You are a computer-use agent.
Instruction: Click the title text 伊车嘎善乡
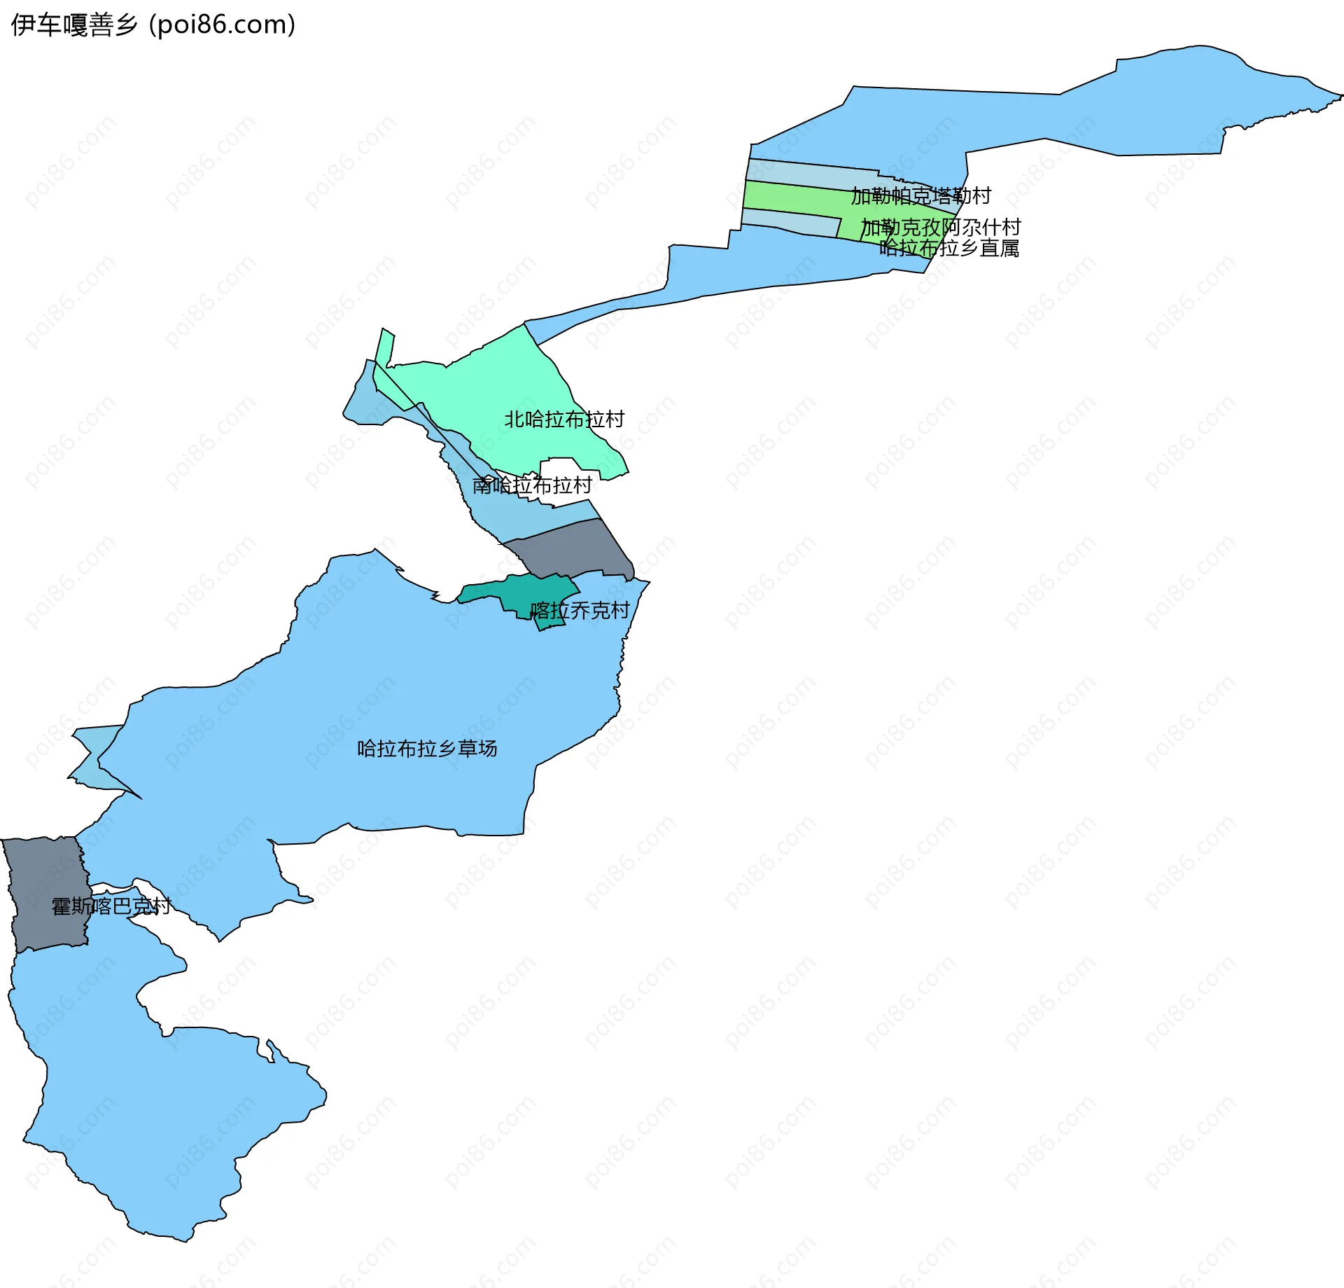click(x=73, y=25)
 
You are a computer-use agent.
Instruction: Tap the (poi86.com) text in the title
click(x=223, y=25)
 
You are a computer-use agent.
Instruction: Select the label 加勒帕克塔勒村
click(x=920, y=196)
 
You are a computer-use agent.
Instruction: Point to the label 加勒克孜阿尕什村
click(x=940, y=228)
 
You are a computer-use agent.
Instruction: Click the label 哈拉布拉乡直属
click(x=948, y=248)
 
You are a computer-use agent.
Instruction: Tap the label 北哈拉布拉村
click(x=564, y=420)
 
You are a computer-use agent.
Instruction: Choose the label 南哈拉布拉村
click(x=532, y=485)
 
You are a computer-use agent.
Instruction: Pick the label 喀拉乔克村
click(x=580, y=611)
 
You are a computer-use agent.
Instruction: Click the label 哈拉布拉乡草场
click(x=427, y=749)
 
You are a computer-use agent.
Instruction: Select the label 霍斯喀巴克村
click(x=111, y=906)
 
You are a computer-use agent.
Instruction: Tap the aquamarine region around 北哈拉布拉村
click(x=490, y=392)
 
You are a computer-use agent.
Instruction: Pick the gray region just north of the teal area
click(x=574, y=550)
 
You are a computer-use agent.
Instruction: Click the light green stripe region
click(x=791, y=196)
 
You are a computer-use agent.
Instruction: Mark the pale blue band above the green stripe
click(x=805, y=171)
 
